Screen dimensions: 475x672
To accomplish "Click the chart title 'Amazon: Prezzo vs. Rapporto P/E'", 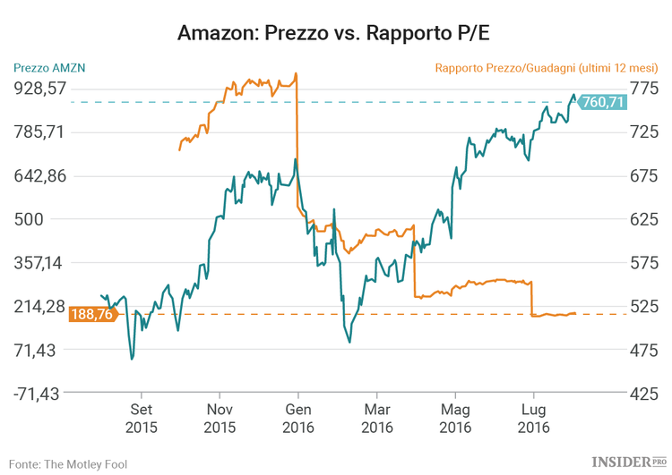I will tap(335, 33).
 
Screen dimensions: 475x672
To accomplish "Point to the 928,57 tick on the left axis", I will tap(39, 88).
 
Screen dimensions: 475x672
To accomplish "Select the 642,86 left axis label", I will tap(39, 176).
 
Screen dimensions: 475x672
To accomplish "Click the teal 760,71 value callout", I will tap(602, 102).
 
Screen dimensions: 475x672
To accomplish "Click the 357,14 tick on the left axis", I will tap(39, 263).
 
